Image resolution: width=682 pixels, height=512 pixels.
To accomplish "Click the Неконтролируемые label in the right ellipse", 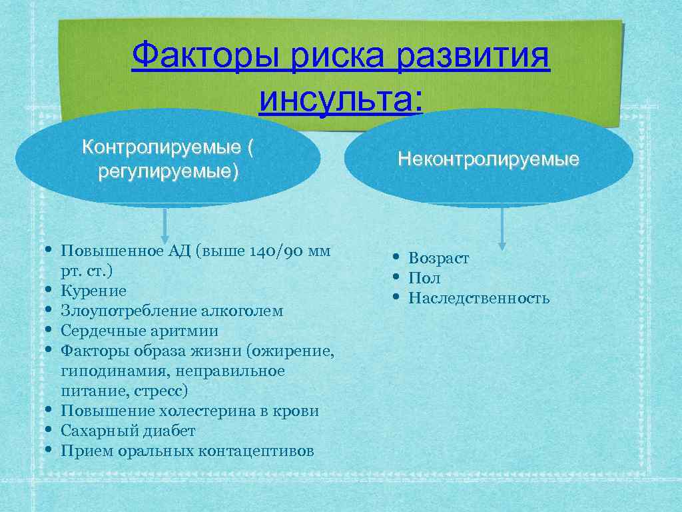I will point(488,159).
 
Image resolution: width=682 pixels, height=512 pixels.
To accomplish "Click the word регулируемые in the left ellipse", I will point(167,171).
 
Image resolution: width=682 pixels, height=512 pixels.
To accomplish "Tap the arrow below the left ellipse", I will point(165,225).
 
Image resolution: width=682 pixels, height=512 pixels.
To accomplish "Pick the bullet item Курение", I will point(93,291).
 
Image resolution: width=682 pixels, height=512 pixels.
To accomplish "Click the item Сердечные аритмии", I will point(139,331).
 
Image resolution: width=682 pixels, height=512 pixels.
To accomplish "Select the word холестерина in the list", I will point(206,411).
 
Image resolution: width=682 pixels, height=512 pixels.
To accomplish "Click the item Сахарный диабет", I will point(128,431).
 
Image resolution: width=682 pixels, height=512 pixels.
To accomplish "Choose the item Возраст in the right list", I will point(438,258).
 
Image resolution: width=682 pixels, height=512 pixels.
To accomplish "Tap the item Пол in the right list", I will point(424,278).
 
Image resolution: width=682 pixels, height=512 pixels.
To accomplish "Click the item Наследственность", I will point(478,298).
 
